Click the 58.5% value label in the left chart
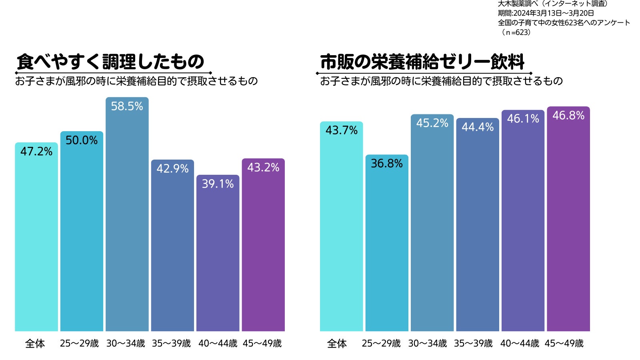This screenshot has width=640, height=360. pyautogui.click(x=127, y=106)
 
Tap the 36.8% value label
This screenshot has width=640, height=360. pyautogui.click(x=386, y=164)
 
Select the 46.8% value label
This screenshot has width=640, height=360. pyautogui.click(x=568, y=116)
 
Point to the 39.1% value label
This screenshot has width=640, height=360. pyautogui.click(x=218, y=184)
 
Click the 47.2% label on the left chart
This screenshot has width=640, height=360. pyautogui.click(x=36, y=152)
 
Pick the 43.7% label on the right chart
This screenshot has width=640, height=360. pyautogui.click(x=341, y=130)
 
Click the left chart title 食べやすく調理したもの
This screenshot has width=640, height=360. pyautogui.click(x=110, y=62)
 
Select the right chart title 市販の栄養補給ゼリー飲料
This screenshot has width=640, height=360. pyautogui.click(x=422, y=62)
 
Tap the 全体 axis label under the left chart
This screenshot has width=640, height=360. pyautogui.click(x=35, y=344)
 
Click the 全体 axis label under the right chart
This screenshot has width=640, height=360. pyautogui.click(x=337, y=344)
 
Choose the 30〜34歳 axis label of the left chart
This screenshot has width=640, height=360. pyautogui.click(x=126, y=344)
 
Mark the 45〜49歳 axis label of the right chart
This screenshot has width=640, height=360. pyautogui.click(x=564, y=344)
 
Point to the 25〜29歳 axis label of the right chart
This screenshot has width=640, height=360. pyautogui.click(x=381, y=344)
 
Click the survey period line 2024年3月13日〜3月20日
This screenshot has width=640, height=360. pyautogui.click(x=546, y=13)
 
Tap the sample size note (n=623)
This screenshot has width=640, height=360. pyautogui.click(x=516, y=32)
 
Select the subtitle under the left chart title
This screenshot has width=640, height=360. pyautogui.click(x=136, y=81)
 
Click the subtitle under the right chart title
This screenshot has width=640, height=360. pyautogui.click(x=441, y=81)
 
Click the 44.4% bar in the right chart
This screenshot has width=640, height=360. pyautogui.click(x=478, y=232)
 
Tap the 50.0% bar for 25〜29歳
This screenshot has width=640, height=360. pyautogui.click(x=82, y=240)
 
